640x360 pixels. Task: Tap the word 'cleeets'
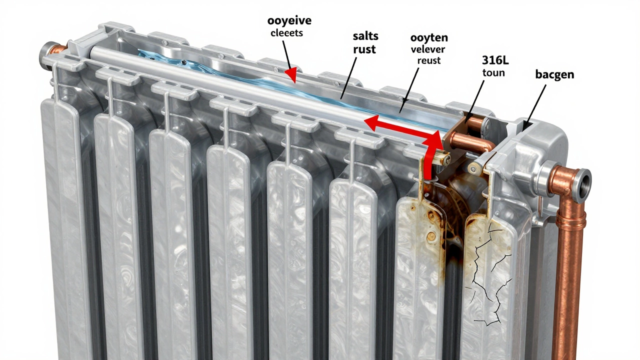click(286, 33)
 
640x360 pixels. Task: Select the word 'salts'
click(365, 36)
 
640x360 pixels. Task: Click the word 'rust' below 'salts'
click(364, 49)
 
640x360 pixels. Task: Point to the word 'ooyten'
click(429, 38)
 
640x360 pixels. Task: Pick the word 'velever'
click(428, 49)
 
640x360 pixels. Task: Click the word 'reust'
click(429, 60)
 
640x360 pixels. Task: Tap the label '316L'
click(495, 60)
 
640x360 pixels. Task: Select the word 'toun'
click(493, 73)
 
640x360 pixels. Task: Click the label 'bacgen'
click(554, 74)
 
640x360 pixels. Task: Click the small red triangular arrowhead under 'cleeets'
click(292, 75)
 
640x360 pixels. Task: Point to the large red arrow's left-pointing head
click(372, 122)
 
